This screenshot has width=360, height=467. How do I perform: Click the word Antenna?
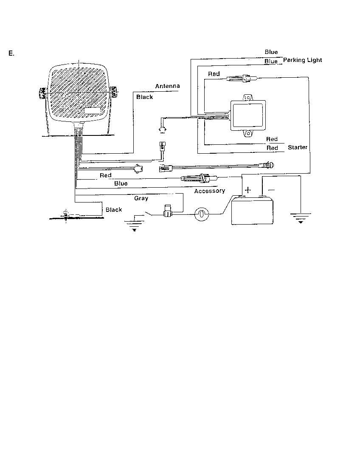click(x=167, y=86)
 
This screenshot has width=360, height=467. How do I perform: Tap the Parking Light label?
click(x=303, y=60)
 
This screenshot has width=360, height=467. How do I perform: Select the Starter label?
click(x=298, y=147)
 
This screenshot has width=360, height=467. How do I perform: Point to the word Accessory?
click(x=210, y=191)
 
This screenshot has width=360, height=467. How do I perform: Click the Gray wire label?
click(x=141, y=198)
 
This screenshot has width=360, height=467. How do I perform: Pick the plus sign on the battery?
click(x=248, y=190)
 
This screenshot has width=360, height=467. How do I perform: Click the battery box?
click(x=253, y=210)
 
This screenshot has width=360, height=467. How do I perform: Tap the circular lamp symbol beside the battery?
click(x=202, y=214)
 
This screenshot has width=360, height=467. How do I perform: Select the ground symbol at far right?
click(x=301, y=218)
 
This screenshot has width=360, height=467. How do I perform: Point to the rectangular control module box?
click(x=248, y=115)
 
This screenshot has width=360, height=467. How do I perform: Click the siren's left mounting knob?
click(x=42, y=93)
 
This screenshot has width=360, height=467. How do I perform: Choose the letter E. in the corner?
click(x=11, y=53)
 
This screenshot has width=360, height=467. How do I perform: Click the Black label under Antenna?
click(x=144, y=97)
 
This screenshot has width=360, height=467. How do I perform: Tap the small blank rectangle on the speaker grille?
click(x=92, y=111)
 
